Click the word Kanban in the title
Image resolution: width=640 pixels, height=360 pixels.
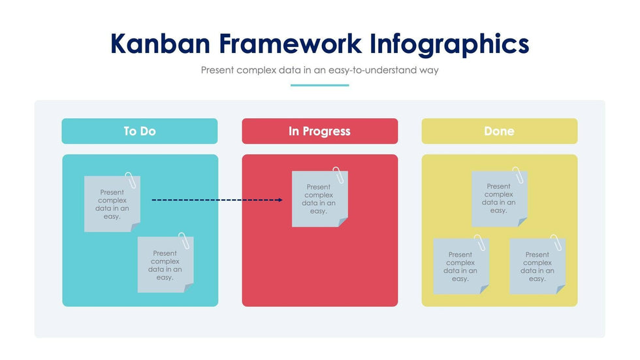pos(160,44)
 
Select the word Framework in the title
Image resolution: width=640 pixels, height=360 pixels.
pos(290,44)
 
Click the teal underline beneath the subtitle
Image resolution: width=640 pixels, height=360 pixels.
pos(319,86)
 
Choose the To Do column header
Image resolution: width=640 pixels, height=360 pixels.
pos(140,131)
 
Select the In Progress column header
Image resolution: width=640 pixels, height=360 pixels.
pos(319,131)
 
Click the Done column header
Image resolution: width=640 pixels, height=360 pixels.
pos(499,131)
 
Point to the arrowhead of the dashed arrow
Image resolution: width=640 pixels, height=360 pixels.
pos(280,200)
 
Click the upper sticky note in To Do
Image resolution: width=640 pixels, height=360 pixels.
pos(112,204)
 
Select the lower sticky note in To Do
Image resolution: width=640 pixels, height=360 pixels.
pos(165,265)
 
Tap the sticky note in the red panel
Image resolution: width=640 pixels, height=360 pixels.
pos(319,199)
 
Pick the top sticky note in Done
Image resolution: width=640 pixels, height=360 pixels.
pos(499,199)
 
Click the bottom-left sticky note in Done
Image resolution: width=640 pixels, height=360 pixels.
pos(461,266)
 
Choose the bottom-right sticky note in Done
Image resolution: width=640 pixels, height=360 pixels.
pos(537,266)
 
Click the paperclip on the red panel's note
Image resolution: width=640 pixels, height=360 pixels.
pos(338,175)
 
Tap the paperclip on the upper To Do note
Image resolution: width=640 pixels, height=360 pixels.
pos(131,180)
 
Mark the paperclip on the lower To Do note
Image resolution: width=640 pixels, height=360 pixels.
pos(184,241)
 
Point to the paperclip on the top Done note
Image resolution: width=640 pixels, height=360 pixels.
pos(518,175)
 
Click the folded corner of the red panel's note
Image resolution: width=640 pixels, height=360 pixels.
pos(343,222)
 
